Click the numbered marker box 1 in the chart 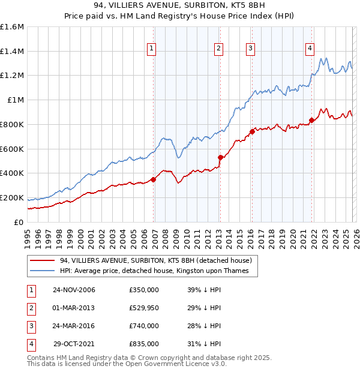pyautogui.click(x=151, y=49)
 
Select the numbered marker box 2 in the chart pyautogui.click(x=218, y=49)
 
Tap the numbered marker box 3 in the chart pyautogui.click(x=250, y=49)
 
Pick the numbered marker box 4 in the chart pyautogui.click(x=310, y=49)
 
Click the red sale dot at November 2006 pyautogui.click(x=154, y=179)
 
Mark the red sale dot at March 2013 pyautogui.click(x=220, y=157)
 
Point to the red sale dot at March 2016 pyautogui.click(x=252, y=131)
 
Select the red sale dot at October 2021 pyautogui.click(x=311, y=120)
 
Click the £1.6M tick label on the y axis pyautogui.click(x=12, y=27)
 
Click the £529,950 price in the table pyautogui.click(x=144, y=308)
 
